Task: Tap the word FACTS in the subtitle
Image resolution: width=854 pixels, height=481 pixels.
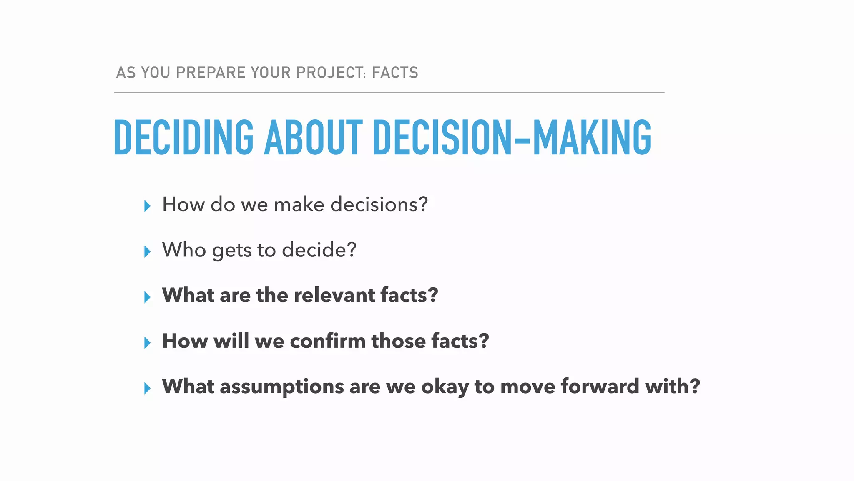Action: click(x=395, y=73)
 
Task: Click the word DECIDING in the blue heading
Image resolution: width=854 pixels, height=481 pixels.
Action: click(x=183, y=137)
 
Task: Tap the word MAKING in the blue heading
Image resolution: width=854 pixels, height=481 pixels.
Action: click(x=592, y=137)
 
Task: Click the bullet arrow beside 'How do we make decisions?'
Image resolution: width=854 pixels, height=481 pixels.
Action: click(x=147, y=206)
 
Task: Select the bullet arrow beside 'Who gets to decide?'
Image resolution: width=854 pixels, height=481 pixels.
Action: click(x=147, y=251)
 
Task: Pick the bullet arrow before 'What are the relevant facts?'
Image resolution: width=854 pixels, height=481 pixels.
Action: click(x=147, y=297)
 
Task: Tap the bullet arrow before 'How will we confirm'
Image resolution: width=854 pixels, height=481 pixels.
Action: click(x=147, y=342)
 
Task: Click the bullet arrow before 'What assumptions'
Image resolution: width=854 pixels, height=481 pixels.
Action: click(x=147, y=388)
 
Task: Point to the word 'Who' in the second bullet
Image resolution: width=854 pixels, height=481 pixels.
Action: click(x=184, y=250)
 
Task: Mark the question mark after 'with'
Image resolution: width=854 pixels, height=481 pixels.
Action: click(x=695, y=386)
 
